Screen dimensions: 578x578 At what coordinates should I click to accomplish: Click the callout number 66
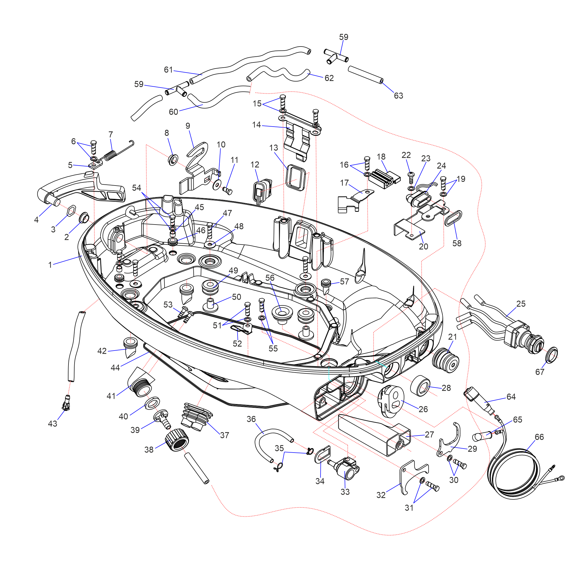point(539,437)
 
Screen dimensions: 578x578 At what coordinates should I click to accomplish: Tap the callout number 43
point(52,424)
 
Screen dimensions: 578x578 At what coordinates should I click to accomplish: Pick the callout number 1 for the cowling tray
point(50,265)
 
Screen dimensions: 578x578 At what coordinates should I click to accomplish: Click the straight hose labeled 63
point(365,75)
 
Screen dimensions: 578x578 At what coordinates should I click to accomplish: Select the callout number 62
point(329,78)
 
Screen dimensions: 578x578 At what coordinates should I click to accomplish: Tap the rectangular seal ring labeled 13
point(296,177)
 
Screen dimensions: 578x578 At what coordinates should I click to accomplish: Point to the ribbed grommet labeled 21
point(446,360)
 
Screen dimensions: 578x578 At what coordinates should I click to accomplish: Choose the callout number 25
point(521,304)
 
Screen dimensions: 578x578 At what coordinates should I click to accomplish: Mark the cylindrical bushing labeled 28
point(420,386)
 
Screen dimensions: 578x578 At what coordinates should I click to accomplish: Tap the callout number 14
point(256,125)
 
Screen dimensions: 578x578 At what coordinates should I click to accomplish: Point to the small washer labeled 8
point(173,160)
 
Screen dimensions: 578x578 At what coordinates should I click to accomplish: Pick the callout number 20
point(423,247)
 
